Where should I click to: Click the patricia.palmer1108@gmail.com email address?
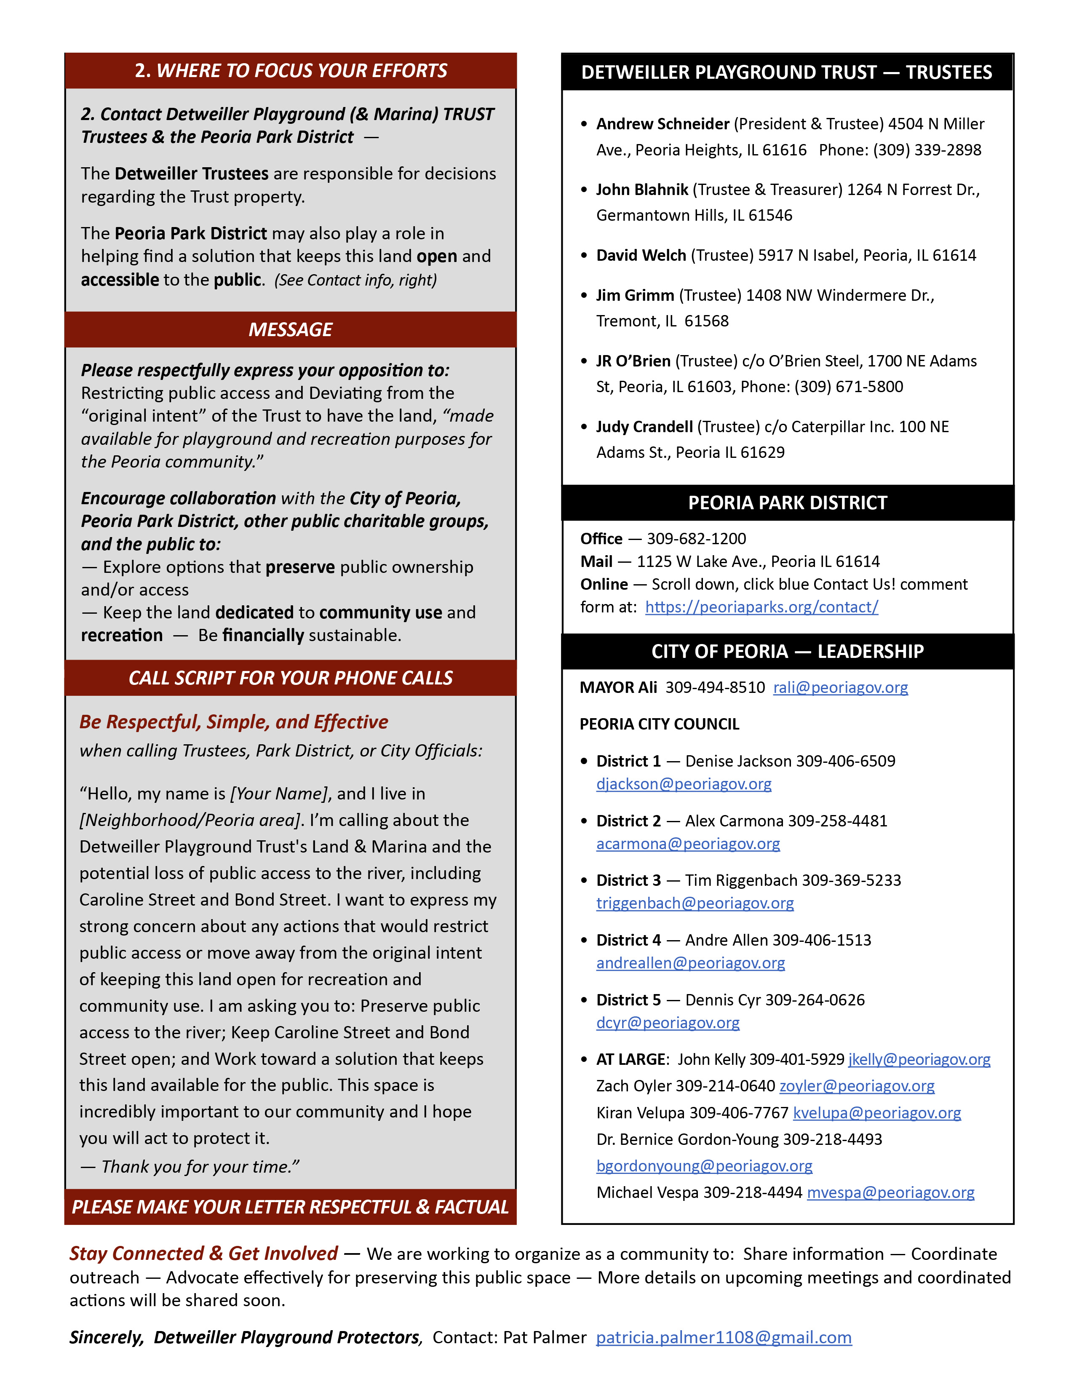point(724,1338)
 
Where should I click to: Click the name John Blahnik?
point(641,190)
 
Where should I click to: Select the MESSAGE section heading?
point(290,330)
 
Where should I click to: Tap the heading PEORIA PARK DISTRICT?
point(787,503)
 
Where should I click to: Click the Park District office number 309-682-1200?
point(696,539)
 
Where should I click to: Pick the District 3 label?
point(628,880)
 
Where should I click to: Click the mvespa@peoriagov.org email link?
point(890,1193)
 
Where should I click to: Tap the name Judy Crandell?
point(644,427)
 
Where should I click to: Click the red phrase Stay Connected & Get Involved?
point(203,1253)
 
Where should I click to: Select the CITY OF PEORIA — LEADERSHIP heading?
point(787,652)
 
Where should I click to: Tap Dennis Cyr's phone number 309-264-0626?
point(815,1000)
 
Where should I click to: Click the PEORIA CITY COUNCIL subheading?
point(659,724)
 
